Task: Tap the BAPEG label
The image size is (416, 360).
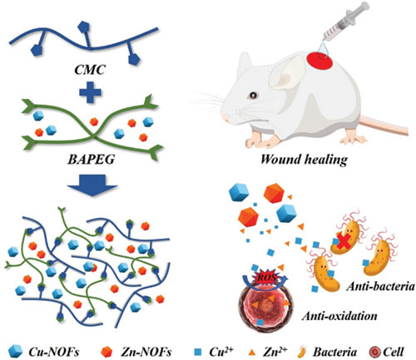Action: point(92,160)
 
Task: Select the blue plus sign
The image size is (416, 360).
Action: point(90,91)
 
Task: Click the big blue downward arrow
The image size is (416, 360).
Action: point(92,185)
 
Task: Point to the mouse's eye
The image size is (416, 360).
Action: point(253,96)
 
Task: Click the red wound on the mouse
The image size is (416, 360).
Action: point(319,62)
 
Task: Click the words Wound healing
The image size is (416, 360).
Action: point(305,160)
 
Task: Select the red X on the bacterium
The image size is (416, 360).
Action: point(344,241)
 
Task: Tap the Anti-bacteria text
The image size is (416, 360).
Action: point(380,287)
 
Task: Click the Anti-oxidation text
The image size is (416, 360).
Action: point(339,316)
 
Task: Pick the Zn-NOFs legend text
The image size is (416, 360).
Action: point(146,352)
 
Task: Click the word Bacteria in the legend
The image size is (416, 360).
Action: point(334,352)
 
